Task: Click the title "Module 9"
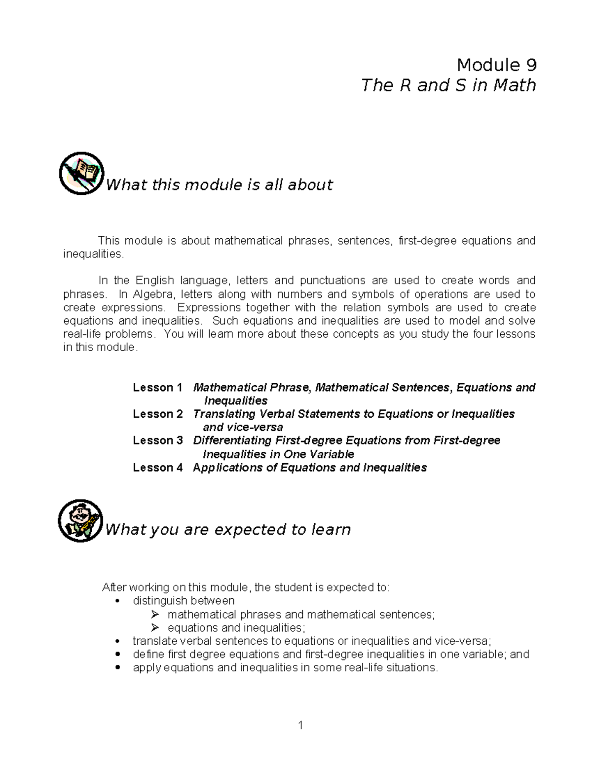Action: [496, 65]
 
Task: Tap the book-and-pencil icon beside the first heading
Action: [81, 173]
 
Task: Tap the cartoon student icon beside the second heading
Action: [80, 520]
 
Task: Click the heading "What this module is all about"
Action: [220, 185]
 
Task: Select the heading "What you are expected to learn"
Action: [228, 530]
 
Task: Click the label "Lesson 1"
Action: [157, 388]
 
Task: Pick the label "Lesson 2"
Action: [157, 414]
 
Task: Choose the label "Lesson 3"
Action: [157, 440]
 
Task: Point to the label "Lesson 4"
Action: [157, 468]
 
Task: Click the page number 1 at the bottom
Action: [300, 725]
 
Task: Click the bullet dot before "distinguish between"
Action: [117, 601]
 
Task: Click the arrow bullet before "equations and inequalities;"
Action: [155, 628]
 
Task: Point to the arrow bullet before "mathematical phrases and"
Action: [155, 615]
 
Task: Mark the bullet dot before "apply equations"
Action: [117, 668]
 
